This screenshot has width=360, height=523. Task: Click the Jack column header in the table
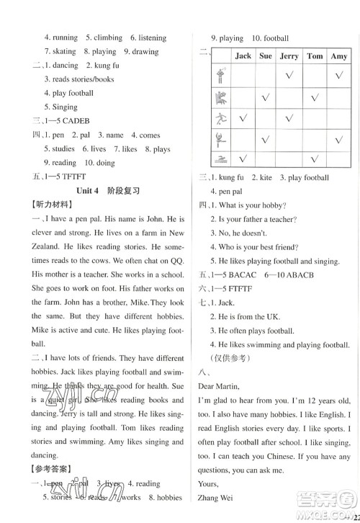click(x=243, y=56)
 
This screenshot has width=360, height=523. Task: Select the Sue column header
click(x=266, y=56)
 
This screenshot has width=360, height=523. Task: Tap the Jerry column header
click(x=289, y=56)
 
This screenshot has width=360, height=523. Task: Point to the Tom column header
click(x=315, y=56)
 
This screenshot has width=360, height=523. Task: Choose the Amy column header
click(x=338, y=56)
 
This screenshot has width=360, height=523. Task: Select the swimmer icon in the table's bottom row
click(x=219, y=158)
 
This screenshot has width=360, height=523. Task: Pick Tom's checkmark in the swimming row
click(x=315, y=158)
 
